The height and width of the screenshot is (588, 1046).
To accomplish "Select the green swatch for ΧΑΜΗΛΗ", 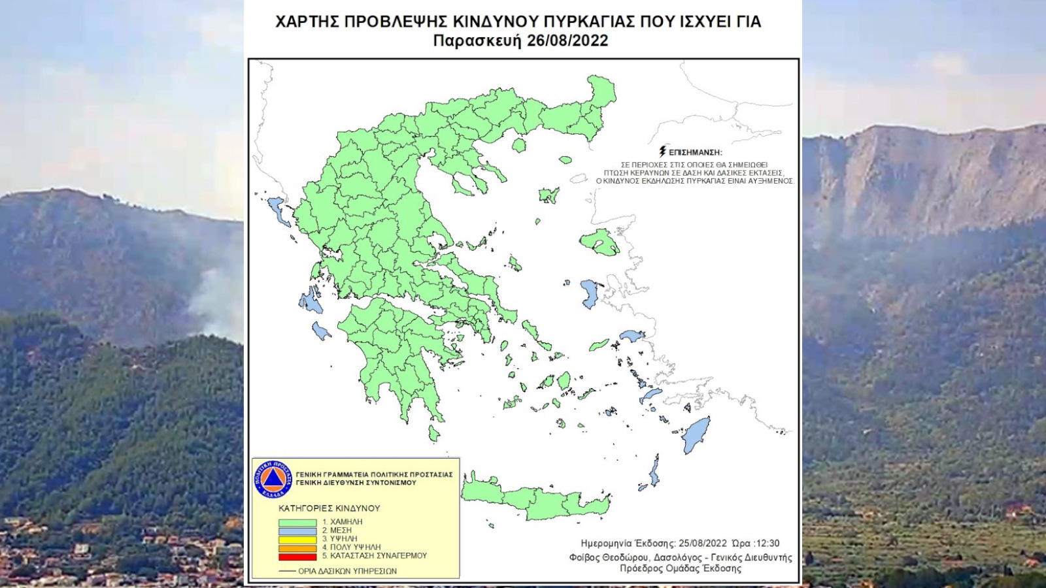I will [297, 523].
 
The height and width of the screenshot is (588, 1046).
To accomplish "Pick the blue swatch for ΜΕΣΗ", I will [297, 531].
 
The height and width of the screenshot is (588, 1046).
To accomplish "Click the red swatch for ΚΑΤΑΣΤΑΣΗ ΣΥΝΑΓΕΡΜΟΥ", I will [297, 557].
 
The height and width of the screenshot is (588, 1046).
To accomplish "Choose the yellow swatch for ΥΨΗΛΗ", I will [297, 540].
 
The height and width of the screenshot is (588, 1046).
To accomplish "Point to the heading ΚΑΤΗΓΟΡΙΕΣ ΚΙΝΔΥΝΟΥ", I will [329, 508].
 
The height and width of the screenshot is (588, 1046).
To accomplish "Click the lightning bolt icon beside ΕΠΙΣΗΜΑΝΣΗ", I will [662, 152].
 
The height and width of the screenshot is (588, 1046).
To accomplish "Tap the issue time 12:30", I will [766, 544].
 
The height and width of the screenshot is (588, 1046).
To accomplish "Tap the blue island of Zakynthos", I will [320, 331].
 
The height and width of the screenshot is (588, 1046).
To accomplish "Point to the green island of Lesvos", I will [599, 242].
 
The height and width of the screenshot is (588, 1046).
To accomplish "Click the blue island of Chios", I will [591, 293].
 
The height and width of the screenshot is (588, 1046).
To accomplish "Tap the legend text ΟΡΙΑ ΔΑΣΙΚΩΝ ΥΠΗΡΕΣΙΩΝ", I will [347, 571].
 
